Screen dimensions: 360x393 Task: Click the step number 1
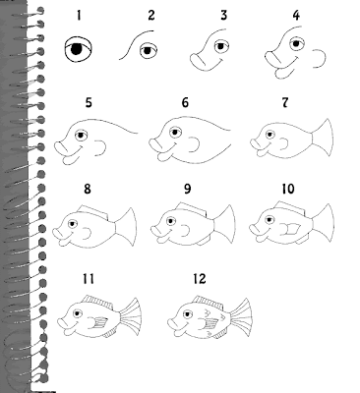[x=79, y=16]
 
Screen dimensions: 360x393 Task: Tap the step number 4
[x=296, y=16]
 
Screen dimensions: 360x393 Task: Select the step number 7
[x=285, y=102]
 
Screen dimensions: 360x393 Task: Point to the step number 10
[x=288, y=189]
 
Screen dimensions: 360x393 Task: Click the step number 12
[x=200, y=279]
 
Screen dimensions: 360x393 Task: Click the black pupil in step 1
[x=76, y=49]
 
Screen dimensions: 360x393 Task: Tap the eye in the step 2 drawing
[x=149, y=51]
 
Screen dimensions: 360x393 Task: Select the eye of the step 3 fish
[x=221, y=46]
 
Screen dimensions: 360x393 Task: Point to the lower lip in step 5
[x=71, y=159]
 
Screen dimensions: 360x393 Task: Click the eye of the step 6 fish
[x=175, y=133]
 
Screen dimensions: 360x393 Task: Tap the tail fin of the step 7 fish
[x=323, y=138]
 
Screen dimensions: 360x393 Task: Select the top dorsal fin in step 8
[x=93, y=211]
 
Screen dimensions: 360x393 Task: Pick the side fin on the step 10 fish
[x=289, y=229]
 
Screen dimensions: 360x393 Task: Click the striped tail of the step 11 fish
[x=130, y=316]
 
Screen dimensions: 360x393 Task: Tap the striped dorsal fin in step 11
[x=97, y=301]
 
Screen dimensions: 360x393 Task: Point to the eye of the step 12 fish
[x=187, y=314]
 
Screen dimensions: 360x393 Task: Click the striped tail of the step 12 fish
[x=241, y=316]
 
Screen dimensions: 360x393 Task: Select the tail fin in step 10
[x=324, y=223]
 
